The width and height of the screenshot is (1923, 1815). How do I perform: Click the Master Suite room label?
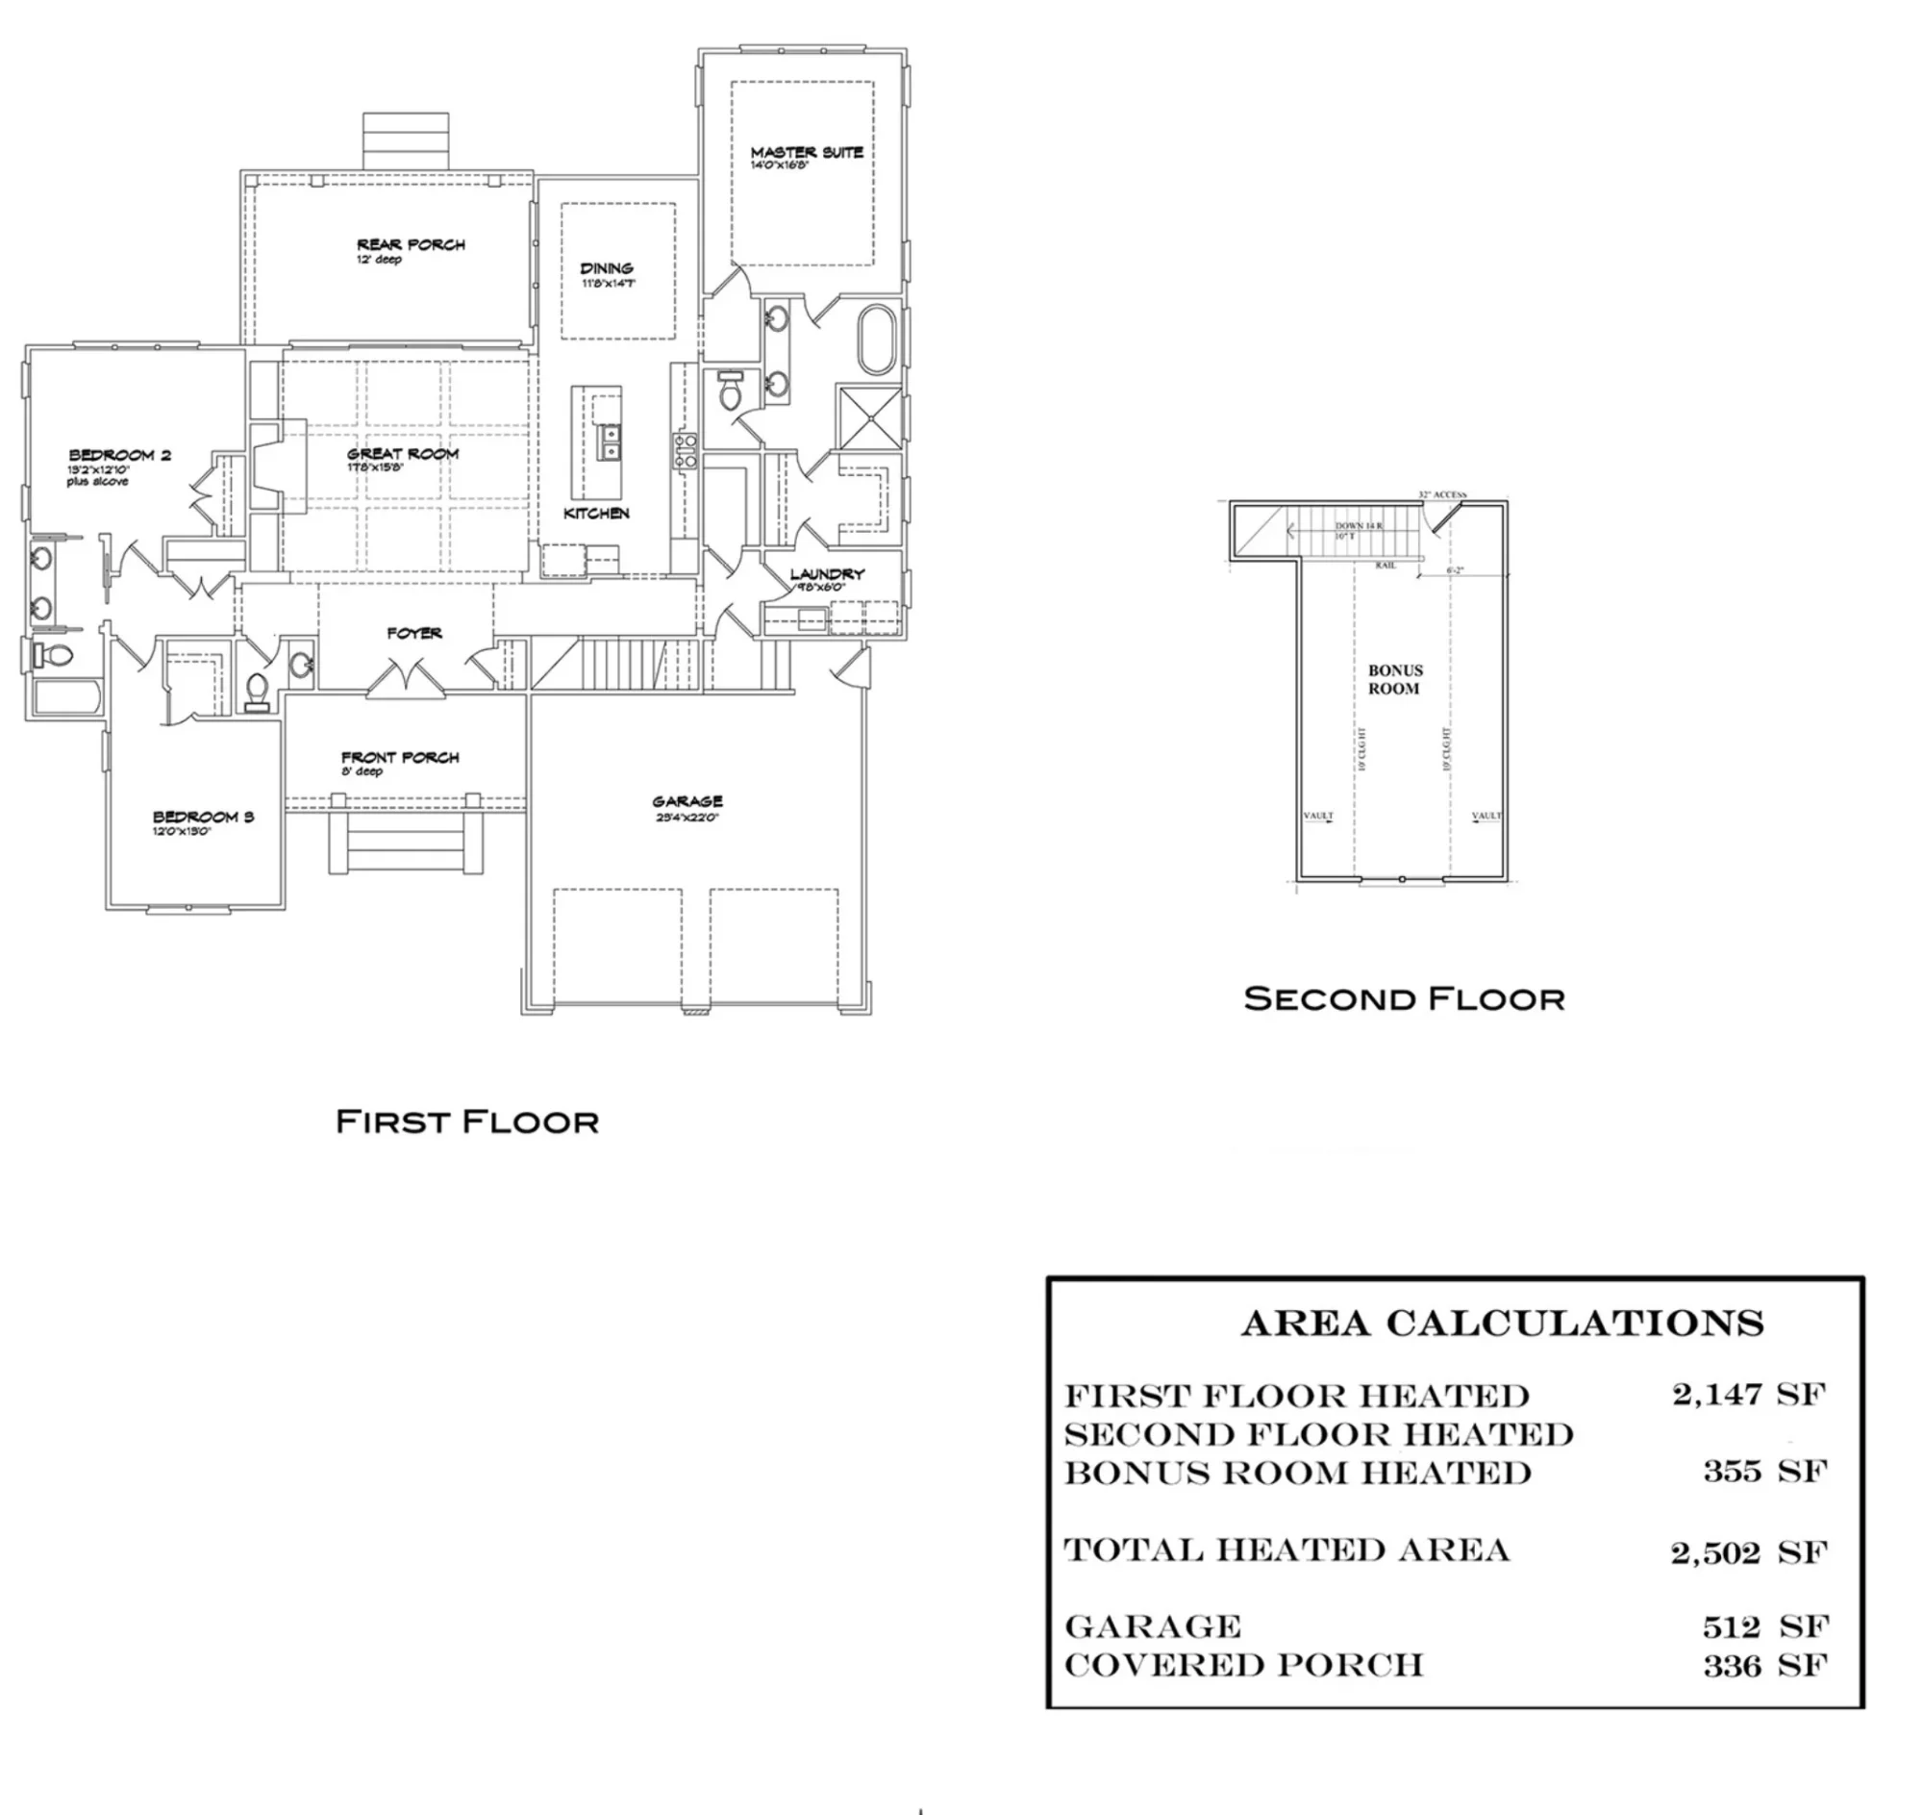click(806, 153)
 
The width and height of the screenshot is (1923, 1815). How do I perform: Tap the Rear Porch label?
click(411, 244)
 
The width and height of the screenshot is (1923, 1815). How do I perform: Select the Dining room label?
click(607, 268)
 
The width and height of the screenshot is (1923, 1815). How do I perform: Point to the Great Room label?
click(403, 454)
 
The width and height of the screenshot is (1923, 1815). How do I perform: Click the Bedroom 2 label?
click(119, 455)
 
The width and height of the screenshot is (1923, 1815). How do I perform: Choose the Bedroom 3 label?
click(203, 817)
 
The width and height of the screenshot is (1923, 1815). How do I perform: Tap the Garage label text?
click(687, 801)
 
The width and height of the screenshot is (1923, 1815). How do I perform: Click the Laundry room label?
click(826, 573)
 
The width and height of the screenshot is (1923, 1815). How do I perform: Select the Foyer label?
click(414, 633)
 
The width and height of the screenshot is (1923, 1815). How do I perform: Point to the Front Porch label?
click(399, 758)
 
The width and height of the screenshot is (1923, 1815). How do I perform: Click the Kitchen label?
click(596, 513)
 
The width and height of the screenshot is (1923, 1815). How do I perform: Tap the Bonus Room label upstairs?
click(1395, 679)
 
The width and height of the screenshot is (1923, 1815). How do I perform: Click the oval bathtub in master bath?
click(878, 340)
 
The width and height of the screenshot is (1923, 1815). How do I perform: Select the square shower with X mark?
click(869, 417)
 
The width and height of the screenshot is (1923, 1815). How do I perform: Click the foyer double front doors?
click(407, 678)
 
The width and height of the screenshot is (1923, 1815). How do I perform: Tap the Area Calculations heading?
click(1502, 1323)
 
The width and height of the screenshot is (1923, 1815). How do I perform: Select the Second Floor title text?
click(1404, 998)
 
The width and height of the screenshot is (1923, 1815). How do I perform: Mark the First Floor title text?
click(467, 1122)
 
